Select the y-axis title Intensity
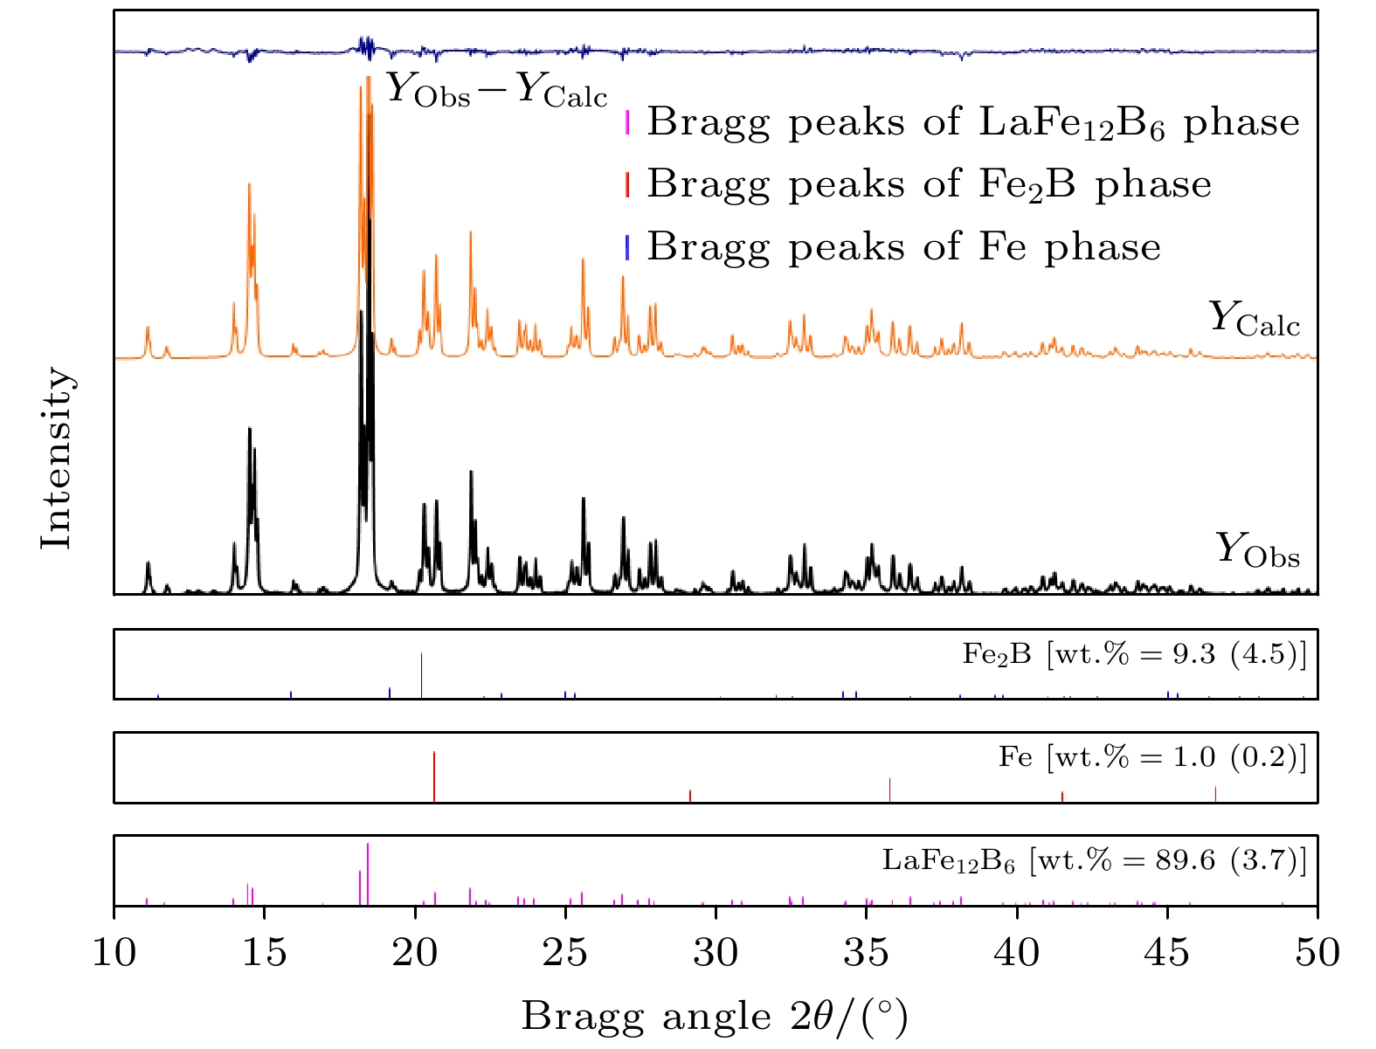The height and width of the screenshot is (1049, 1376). tap(57, 458)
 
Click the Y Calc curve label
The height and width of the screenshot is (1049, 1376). tap(1255, 319)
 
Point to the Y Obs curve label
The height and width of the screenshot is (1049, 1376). tap(1257, 550)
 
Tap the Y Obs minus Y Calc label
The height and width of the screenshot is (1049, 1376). tap(496, 91)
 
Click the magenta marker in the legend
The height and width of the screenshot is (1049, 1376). tap(627, 122)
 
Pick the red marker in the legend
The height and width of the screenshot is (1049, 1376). tap(627, 184)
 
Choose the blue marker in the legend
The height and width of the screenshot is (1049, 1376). tap(627, 247)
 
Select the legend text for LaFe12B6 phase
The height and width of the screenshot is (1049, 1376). tap(973, 122)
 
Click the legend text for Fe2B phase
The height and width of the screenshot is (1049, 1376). tap(929, 184)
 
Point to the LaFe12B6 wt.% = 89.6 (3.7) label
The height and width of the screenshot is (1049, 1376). tap(1095, 861)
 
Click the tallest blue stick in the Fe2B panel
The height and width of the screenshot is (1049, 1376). tap(422, 675)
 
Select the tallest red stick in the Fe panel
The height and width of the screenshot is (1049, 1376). tap(434, 776)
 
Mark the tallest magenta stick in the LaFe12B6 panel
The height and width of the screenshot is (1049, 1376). tap(368, 873)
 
